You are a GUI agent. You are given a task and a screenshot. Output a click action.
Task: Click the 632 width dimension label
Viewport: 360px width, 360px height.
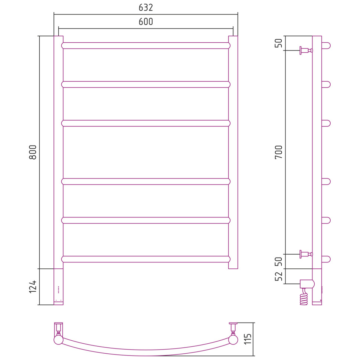tap(146, 7)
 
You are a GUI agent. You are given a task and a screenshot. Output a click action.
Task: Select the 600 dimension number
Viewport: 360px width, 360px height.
tap(146, 22)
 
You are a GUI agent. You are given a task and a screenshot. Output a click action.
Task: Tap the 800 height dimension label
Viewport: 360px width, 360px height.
tap(33, 152)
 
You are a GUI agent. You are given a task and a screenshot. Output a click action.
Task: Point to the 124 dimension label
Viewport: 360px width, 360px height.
tap(33, 287)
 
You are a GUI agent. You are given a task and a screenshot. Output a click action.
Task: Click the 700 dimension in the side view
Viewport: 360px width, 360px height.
tap(279, 152)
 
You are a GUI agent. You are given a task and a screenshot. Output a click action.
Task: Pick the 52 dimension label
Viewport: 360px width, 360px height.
tap(279, 276)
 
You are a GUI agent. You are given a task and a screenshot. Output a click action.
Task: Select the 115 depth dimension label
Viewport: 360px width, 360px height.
tap(248, 339)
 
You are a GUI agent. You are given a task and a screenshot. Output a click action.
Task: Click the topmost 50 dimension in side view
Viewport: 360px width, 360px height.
tap(279, 43)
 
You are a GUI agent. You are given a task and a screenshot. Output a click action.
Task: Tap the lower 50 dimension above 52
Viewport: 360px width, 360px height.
tap(279, 262)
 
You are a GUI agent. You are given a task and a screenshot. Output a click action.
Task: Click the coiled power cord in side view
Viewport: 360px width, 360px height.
tap(304, 297)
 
